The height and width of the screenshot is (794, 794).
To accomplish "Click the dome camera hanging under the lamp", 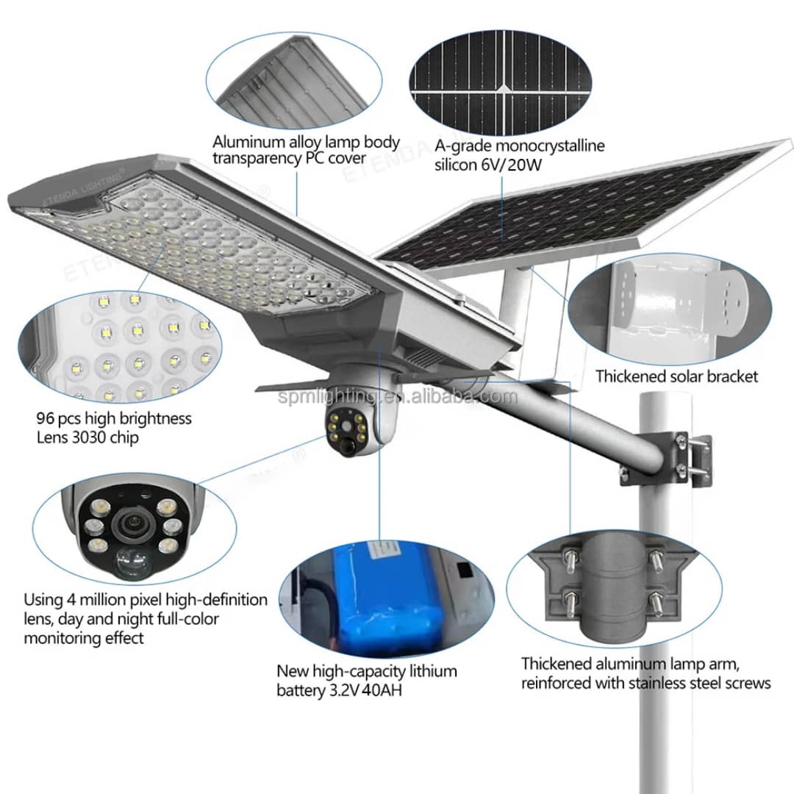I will click(351, 419).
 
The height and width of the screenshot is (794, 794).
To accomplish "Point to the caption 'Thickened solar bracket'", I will click(676, 376).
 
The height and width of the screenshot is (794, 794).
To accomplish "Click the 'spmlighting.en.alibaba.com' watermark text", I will click(398, 397).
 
